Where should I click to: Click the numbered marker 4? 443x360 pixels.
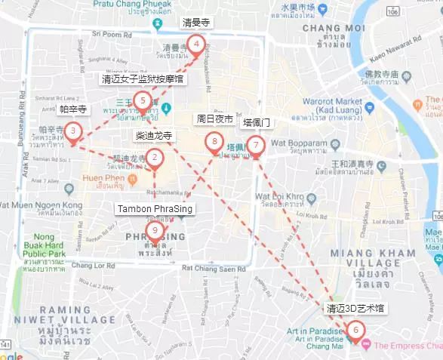point(196,45)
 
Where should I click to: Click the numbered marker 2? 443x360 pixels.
point(155,157)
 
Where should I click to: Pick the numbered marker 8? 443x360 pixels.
point(214,141)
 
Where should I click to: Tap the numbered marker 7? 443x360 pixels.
point(256,144)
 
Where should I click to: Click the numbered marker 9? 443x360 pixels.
point(155,231)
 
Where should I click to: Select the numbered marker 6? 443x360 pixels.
point(355,330)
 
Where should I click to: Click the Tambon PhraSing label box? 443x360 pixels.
point(155,208)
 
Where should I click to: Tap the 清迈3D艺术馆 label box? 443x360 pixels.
point(355,308)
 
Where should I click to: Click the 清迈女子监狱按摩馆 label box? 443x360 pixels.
point(143,78)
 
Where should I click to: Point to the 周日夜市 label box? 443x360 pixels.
point(214,119)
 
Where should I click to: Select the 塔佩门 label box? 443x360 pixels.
point(256,122)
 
